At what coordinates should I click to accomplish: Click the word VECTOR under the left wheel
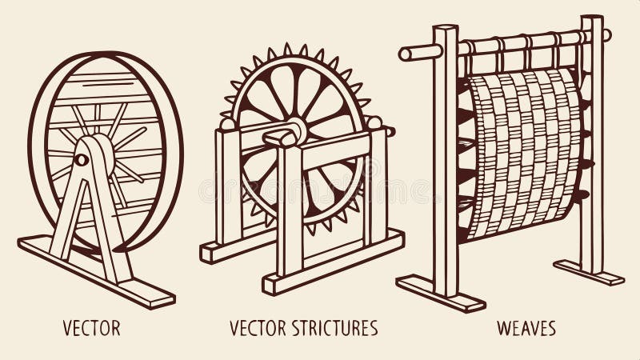coord(92,328)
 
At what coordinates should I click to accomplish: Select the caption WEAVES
coord(526,328)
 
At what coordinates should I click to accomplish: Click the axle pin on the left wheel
coord(81,160)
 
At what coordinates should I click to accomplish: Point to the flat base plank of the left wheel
coord(96,272)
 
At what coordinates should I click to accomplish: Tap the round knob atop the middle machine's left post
coord(227,123)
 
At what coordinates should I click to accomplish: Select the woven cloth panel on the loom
coord(524,152)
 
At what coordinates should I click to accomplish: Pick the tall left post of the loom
coord(445,160)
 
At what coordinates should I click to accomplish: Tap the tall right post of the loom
coord(593,144)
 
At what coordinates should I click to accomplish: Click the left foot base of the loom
coord(440,293)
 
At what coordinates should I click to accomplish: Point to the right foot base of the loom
coord(588,272)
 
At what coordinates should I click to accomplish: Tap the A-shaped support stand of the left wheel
coord(88,208)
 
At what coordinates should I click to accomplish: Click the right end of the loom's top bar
coord(606,35)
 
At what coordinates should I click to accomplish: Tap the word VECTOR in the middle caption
coord(256,328)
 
